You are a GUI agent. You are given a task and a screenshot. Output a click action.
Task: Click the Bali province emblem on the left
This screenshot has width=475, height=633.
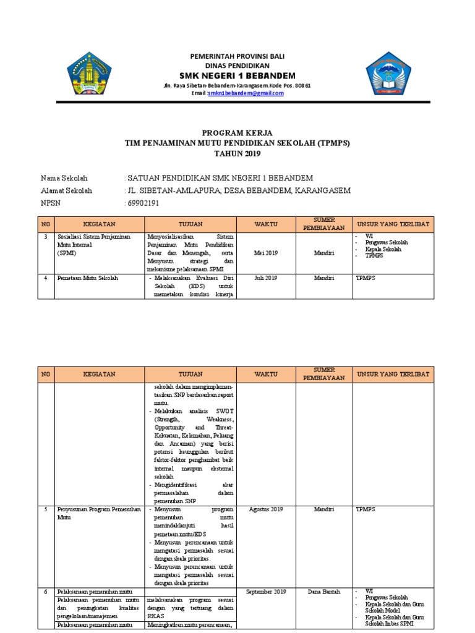90,76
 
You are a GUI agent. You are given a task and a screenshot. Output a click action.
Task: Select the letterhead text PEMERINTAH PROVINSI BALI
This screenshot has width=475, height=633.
238,56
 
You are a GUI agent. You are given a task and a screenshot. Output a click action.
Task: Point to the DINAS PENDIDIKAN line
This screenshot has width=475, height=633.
238,65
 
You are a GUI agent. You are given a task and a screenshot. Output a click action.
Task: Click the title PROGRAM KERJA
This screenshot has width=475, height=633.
237,133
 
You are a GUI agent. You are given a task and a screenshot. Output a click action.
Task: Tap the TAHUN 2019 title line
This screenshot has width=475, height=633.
237,153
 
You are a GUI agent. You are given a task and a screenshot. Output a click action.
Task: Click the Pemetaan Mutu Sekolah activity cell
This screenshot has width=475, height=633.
87,278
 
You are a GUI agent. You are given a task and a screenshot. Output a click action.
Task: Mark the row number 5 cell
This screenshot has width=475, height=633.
45,509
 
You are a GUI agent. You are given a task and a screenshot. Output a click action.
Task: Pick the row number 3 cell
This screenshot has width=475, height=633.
45,236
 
